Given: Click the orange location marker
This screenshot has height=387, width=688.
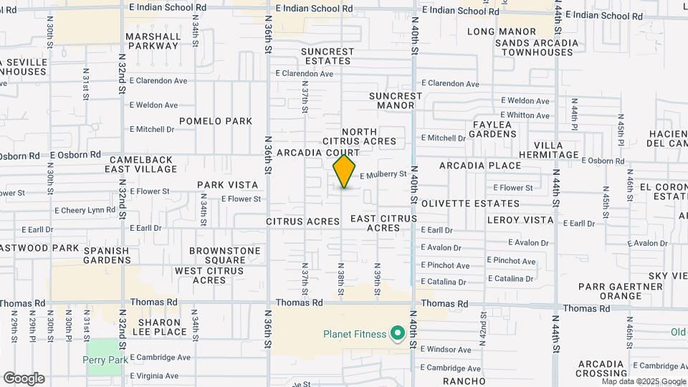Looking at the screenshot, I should [x=345, y=172].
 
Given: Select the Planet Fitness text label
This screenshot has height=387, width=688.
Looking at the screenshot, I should [x=354, y=334].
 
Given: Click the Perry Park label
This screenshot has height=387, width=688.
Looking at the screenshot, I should [x=105, y=360].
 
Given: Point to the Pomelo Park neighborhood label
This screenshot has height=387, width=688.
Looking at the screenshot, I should [x=216, y=121].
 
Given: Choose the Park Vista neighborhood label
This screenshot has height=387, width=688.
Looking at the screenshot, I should [x=227, y=185].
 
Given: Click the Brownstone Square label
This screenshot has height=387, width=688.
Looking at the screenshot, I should [x=224, y=255].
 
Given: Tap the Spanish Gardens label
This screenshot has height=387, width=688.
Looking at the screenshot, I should [x=106, y=255].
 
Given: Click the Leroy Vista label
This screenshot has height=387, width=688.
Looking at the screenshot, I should [x=520, y=220].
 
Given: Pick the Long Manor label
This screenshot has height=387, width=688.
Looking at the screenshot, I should [x=502, y=32].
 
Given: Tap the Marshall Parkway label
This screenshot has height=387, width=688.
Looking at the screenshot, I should [x=153, y=41].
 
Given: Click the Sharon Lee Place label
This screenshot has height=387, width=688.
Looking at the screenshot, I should [x=153, y=328].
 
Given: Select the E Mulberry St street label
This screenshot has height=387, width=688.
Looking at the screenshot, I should [x=383, y=175].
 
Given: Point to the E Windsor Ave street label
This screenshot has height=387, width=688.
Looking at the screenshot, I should [x=446, y=350].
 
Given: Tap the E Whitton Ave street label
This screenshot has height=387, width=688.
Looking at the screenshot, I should [x=525, y=115].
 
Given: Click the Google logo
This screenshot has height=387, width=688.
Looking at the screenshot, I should [x=24, y=378].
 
